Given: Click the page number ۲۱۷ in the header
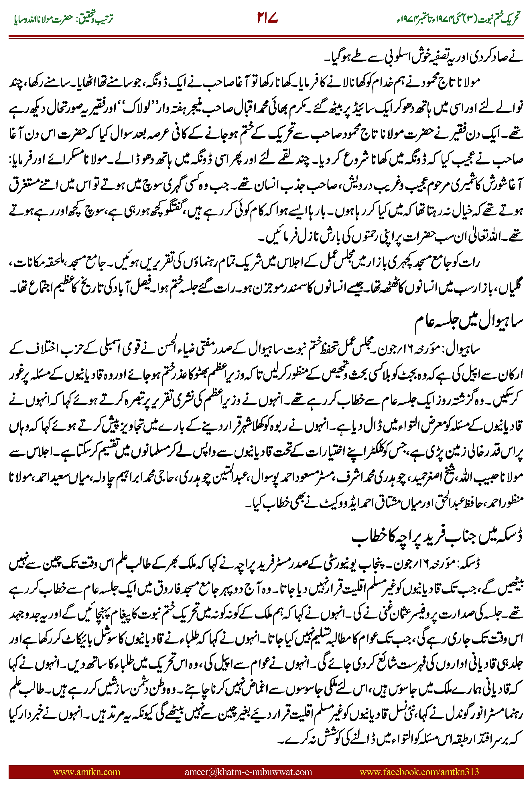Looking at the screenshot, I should tap(268, 18).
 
